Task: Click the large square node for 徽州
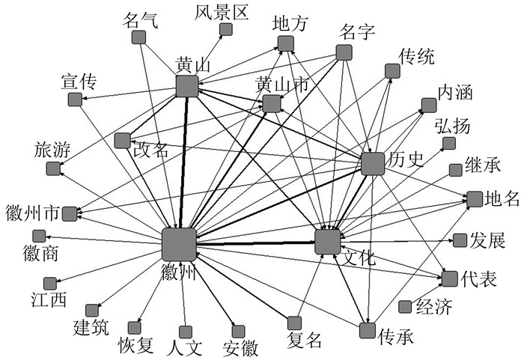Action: (179, 244)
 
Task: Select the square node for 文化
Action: (327, 242)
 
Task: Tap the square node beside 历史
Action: (372, 164)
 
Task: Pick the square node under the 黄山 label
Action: (186, 87)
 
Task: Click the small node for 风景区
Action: (225, 30)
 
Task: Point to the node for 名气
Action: (138, 37)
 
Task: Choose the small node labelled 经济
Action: (405, 306)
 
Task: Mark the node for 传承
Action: (367, 330)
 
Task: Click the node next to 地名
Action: (475, 199)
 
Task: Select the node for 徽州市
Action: (69, 214)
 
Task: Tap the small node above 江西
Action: (49, 283)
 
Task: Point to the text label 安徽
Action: (240, 348)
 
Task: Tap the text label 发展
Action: (488, 240)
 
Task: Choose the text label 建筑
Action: (91, 327)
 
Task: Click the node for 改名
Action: (122, 140)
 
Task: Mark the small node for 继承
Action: (455, 170)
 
